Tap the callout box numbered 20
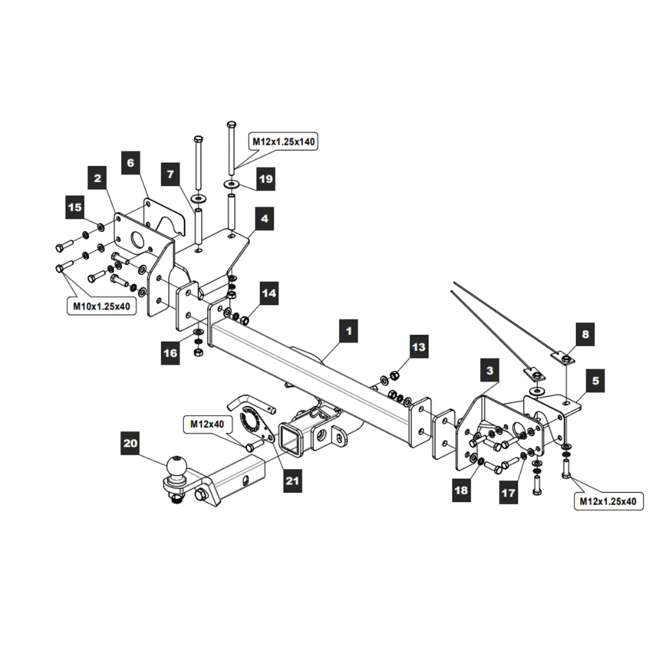(130, 444)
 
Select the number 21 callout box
(292, 481)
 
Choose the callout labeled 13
(419, 346)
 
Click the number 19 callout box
(265, 179)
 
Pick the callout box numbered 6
(130, 161)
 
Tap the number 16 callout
(171, 353)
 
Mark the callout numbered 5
(595, 380)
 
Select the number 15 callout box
(75, 207)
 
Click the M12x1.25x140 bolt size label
(283, 141)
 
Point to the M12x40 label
(207, 424)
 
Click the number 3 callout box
(490, 371)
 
